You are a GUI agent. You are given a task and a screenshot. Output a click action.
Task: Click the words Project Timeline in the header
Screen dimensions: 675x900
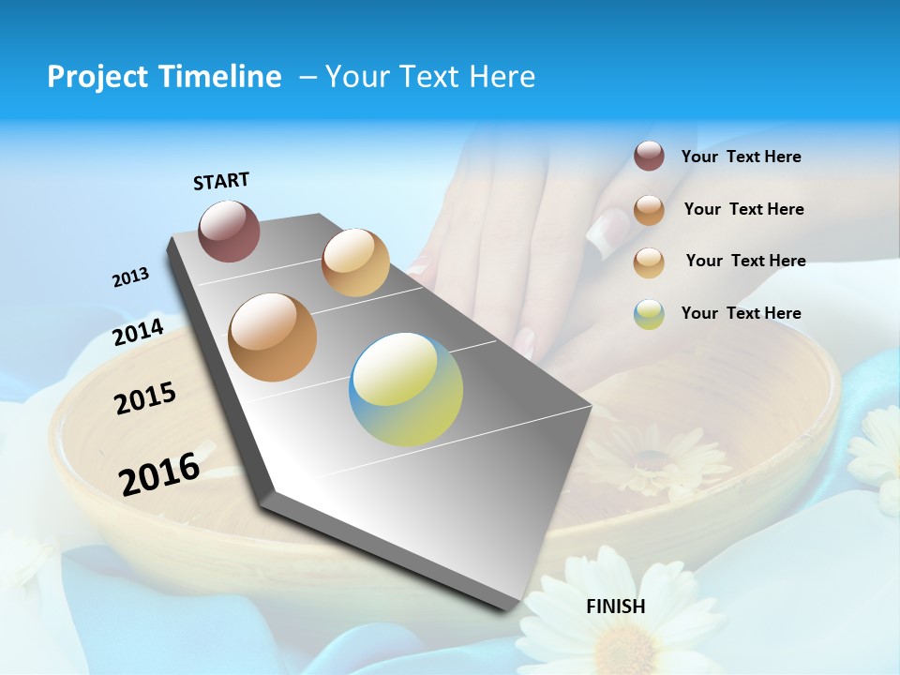coord(164,77)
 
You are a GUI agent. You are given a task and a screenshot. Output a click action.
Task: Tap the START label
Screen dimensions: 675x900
coord(221,181)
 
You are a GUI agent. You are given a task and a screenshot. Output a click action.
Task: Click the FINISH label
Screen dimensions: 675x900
coord(616,607)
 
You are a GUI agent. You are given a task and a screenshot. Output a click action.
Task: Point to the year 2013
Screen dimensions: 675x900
coord(130,277)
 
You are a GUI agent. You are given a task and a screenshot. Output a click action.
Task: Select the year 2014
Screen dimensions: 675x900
coord(139,333)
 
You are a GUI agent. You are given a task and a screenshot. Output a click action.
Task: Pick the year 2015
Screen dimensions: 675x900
coord(145,398)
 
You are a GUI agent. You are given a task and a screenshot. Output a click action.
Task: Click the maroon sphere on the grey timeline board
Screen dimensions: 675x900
coord(230,231)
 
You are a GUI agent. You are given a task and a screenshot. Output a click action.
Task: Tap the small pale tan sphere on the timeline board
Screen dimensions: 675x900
coord(355,262)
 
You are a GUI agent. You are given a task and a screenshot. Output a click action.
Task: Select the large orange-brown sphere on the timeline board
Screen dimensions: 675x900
coord(273,337)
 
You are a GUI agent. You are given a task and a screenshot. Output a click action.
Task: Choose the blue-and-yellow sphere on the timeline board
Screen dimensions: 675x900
coord(406,389)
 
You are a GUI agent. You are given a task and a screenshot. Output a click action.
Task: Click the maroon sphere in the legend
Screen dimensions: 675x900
coord(649,157)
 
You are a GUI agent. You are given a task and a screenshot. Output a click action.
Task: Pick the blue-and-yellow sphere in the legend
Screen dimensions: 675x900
coord(649,314)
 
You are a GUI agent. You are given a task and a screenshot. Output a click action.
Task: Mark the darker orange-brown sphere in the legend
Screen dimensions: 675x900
coord(649,210)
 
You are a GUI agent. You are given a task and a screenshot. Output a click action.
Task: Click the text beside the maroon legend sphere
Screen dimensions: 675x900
coord(741,157)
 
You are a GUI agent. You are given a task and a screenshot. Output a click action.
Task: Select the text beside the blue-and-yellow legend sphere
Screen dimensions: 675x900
coord(741,313)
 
